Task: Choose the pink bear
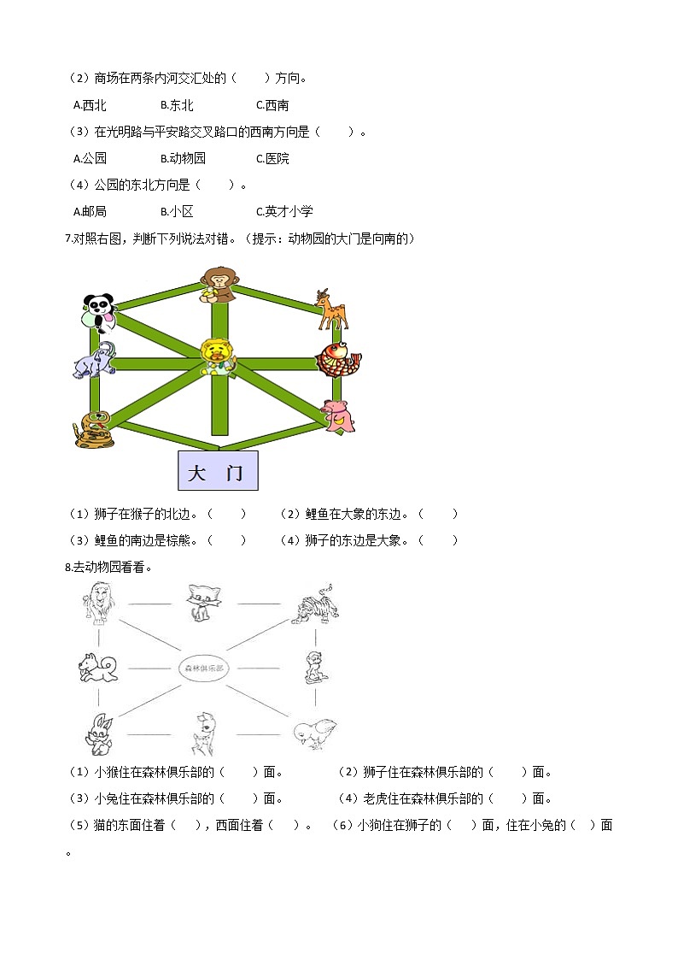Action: click(x=338, y=415)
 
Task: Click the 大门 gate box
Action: click(x=217, y=472)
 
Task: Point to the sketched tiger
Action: click(x=316, y=605)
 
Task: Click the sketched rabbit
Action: click(x=96, y=733)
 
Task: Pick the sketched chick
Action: click(x=313, y=732)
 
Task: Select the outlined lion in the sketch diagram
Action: click(x=96, y=604)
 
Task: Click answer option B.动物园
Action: click(x=183, y=158)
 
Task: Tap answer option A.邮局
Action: click(x=90, y=211)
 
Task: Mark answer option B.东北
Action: click(x=177, y=106)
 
